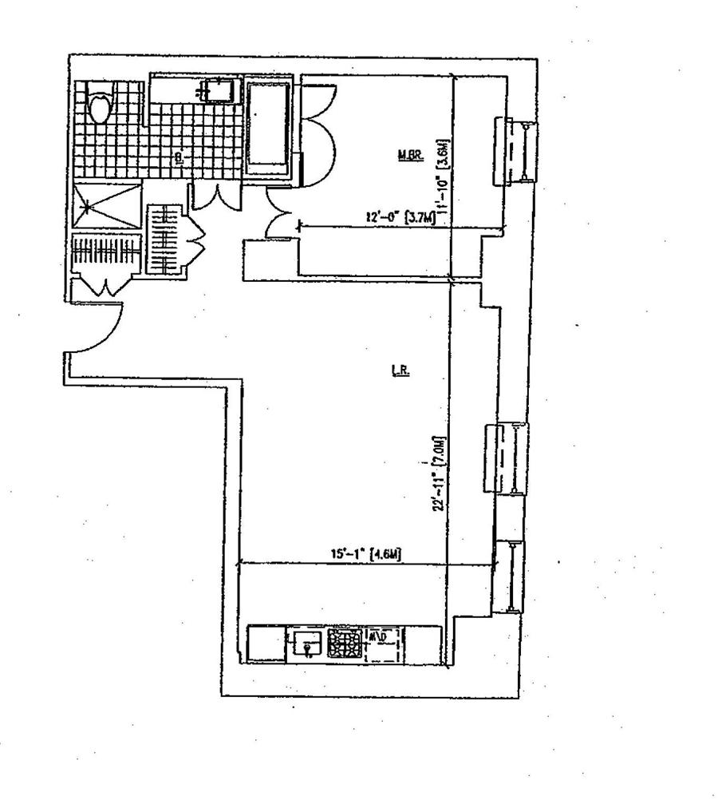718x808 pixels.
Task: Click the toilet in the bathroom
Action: pyautogui.click(x=101, y=108)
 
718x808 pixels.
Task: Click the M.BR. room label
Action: pyautogui.click(x=410, y=156)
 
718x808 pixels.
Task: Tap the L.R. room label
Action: pyautogui.click(x=400, y=371)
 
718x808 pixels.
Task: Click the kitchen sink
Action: pyautogui.click(x=306, y=643)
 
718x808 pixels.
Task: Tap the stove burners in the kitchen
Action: pyautogui.click(x=343, y=644)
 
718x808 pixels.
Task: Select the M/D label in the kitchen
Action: pyautogui.click(x=377, y=636)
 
